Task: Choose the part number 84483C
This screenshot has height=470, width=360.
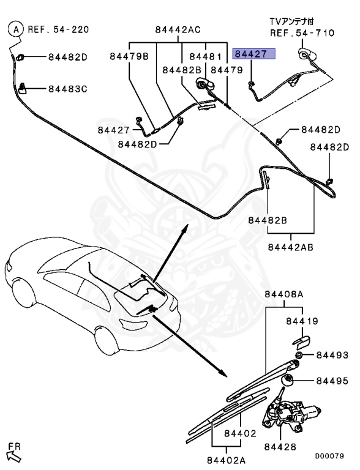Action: coord(68,89)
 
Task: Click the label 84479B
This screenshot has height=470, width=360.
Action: coord(129,57)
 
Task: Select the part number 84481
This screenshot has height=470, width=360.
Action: coord(205,57)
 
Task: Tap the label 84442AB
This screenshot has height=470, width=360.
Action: coord(290,247)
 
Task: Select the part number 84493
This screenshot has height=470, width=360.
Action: coord(332,355)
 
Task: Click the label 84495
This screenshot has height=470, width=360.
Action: coord(332,381)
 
